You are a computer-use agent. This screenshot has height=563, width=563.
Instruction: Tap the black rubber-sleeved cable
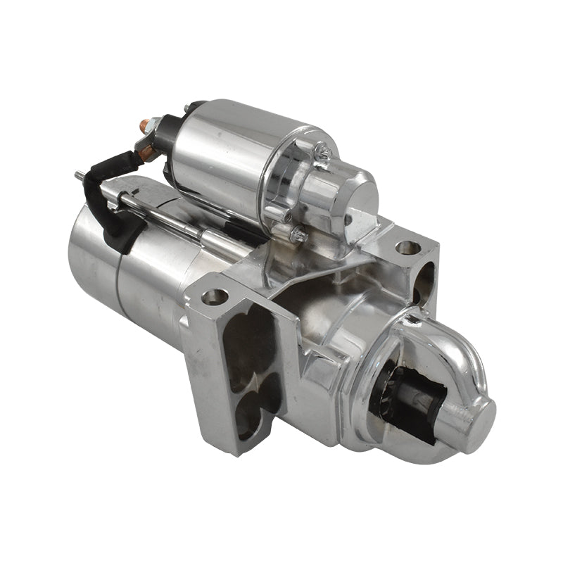coord(113,204)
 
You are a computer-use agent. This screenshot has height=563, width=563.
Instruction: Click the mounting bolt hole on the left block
coord(215,296)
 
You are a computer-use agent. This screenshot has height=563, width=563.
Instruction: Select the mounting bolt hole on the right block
coord(407,248)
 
